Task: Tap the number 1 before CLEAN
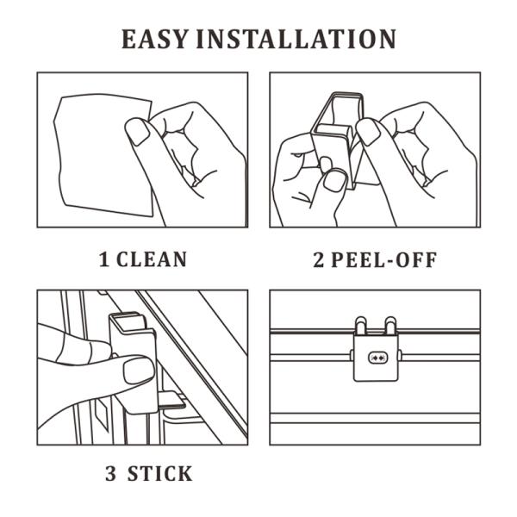(x=104, y=259)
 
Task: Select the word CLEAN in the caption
(x=153, y=259)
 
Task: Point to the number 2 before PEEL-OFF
(x=318, y=259)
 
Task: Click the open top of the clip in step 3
(x=131, y=321)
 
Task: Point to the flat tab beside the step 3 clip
(x=172, y=398)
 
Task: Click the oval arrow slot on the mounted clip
(x=377, y=357)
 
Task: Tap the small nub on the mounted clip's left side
(x=352, y=353)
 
